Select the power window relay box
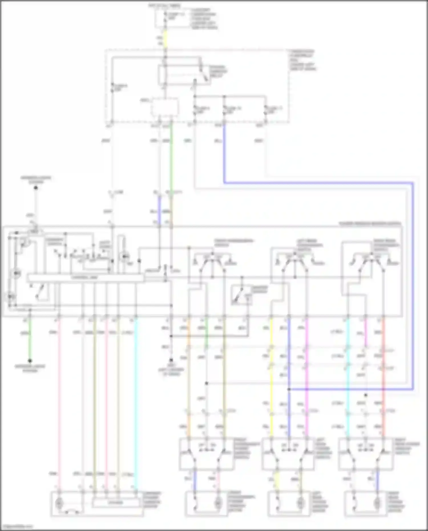(x=185, y=75)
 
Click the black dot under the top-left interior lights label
(x=36, y=188)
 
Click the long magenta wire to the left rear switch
(x=307, y=379)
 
